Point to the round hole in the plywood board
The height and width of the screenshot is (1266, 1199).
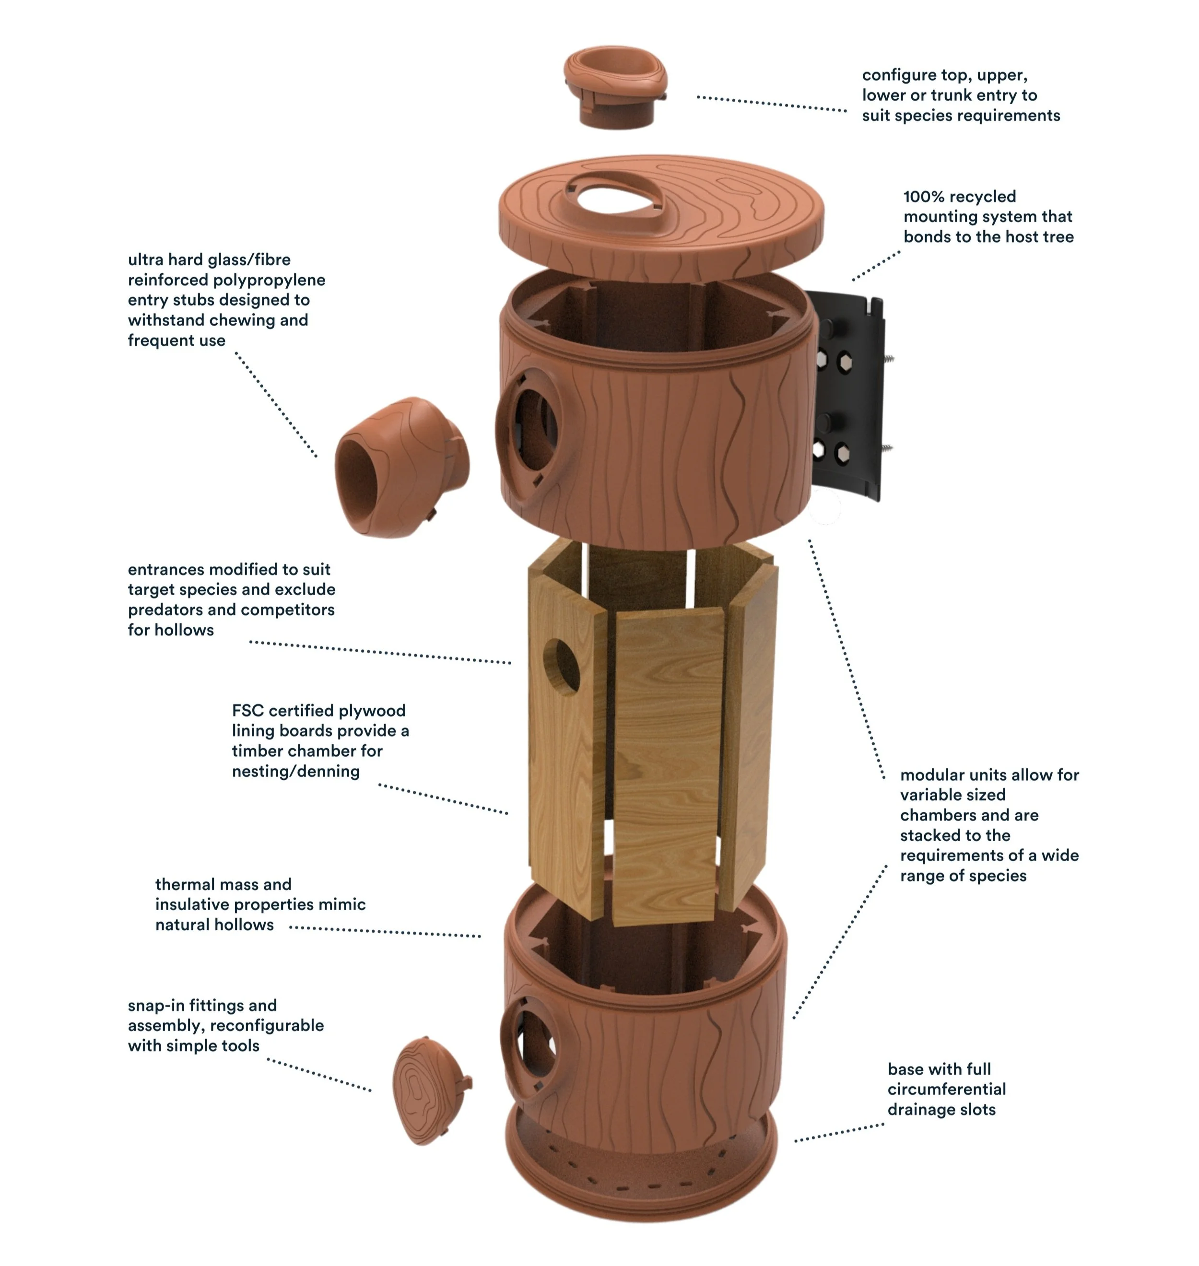pos(563,666)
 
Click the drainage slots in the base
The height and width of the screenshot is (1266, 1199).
pos(639,1182)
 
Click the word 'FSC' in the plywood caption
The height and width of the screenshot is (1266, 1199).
pos(248,711)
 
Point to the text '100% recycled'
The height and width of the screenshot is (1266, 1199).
pos(959,196)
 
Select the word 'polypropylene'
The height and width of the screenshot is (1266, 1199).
pos(271,280)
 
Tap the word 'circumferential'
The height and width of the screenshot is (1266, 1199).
pos(946,1089)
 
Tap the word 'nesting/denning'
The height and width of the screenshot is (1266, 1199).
pos(295,772)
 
